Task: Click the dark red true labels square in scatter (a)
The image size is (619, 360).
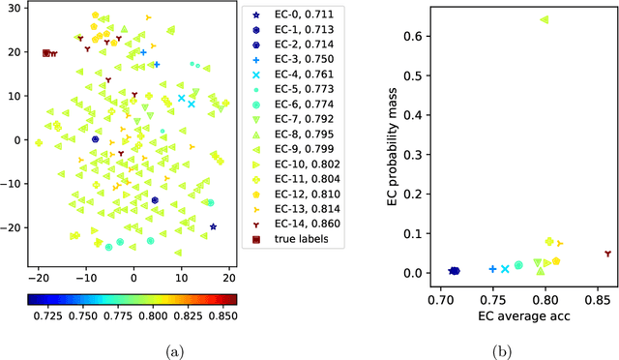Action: click(45, 53)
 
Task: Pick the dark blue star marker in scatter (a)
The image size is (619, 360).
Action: click(213, 227)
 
